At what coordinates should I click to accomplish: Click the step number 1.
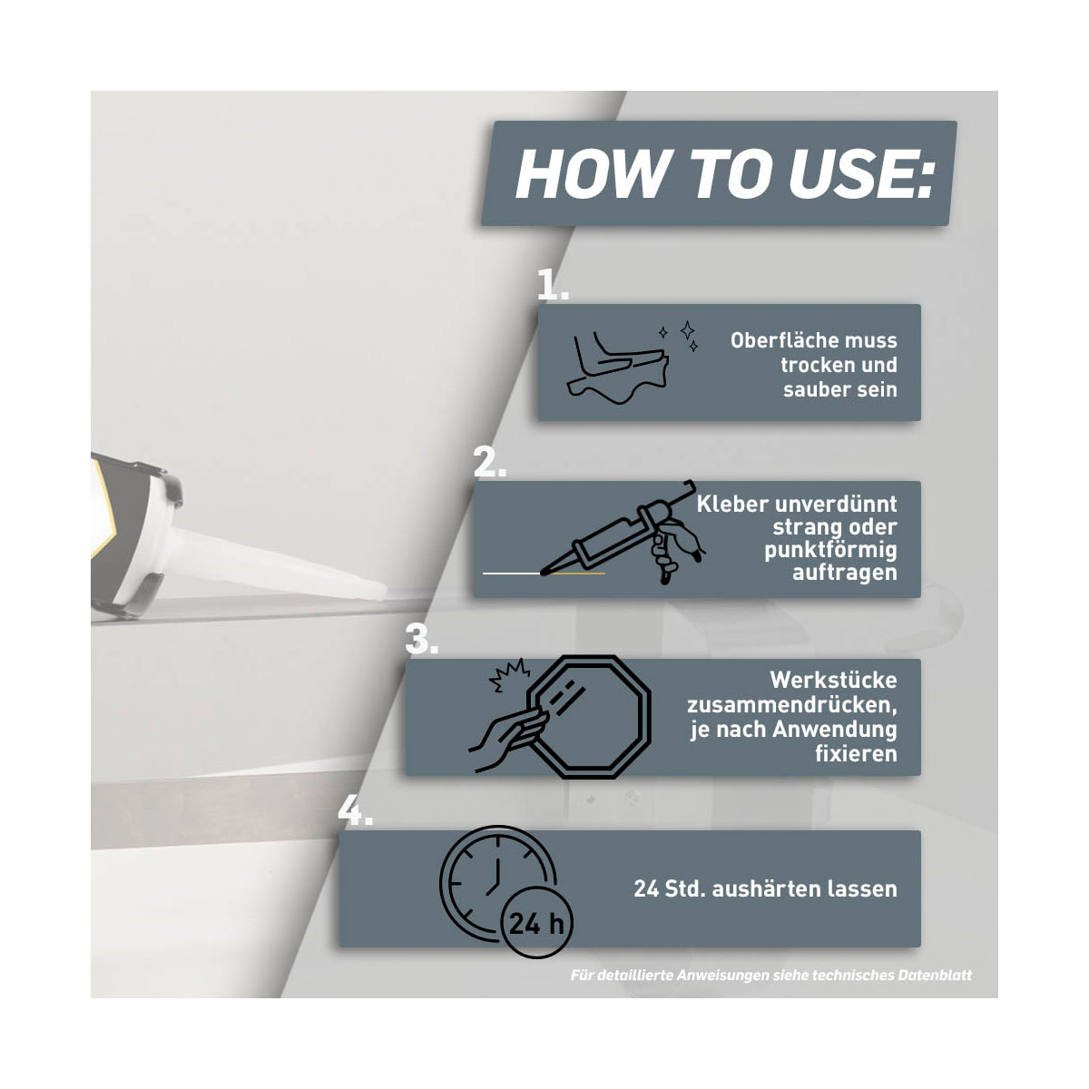tap(552, 284)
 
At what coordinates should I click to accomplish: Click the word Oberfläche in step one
tap(813, 340)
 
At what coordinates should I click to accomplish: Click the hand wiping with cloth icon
tap(618, 368)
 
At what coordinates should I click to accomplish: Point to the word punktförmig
tap(830, 550)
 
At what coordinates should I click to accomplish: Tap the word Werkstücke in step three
tap(833, 680)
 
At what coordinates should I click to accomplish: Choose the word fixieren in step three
tap(856, 754)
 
